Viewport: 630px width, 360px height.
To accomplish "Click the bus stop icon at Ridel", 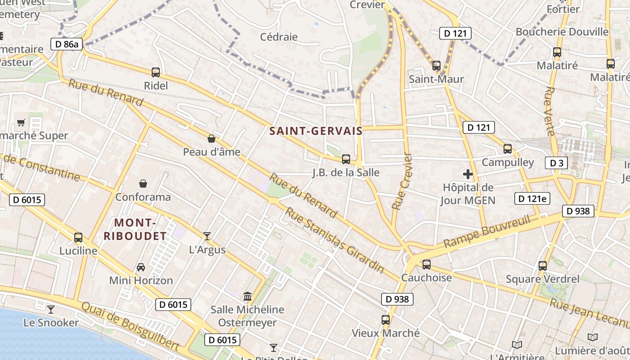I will pyautogui.click(x=156, y=72).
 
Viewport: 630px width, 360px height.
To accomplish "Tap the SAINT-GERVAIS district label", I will pyautogui.click(x=316, y=131).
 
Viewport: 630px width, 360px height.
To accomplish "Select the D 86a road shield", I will pyautogui.click(x=67, y=44).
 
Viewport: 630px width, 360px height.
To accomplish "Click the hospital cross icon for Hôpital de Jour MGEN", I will pyautogui.click(x=468, y=174).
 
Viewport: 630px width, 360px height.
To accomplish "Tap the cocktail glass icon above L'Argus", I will pyautogui.click(x=207, y=236).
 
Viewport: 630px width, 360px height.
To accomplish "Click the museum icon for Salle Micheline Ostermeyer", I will pyautogui.click(x=247, y=297).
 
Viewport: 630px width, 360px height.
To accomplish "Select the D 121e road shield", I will pyautogui.click(x=533, y=198).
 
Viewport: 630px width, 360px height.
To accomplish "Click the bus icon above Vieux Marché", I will pyautogui.click(x=386, y=320).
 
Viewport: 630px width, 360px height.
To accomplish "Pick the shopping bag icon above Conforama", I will pyautogui.click(x=143, y=184).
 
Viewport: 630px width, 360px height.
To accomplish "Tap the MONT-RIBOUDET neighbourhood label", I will pyautogui.click(x=135, y=229).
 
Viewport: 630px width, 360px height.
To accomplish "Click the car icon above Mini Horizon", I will pyautogui.click(x=141, y=267).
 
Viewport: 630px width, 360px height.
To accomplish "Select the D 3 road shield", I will pyautogui.click(x=556, y=163).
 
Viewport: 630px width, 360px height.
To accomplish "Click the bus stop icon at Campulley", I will pyautogui.click(x=508, y=148).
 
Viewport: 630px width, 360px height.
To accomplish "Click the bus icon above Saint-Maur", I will pyautogui.click(x=436, y=66).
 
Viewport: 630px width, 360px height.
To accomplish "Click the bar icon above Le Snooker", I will pyautogui.click(x=51, y=310).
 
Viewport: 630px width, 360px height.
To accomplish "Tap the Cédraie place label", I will pyautogui.click(x=279, y=37).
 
